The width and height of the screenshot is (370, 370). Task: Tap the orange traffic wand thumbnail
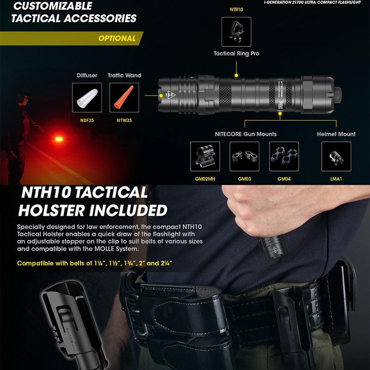tap(124, 97)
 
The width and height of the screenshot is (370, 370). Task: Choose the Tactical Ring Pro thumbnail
tap(236, 32)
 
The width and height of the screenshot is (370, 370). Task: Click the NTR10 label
tap(236, 9)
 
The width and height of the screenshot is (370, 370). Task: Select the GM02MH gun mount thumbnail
tap(205, 156)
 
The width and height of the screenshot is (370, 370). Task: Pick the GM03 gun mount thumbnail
tap(244, 156)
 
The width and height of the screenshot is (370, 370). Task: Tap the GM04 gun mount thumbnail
tap(284, 156)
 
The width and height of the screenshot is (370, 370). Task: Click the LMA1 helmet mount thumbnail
tap(336, 156)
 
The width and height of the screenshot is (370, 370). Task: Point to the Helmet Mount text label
tap(336, 134)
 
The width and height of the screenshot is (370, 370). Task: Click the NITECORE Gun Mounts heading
tap(246, 134)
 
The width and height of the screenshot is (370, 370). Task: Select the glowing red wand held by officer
tap(59, 137)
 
